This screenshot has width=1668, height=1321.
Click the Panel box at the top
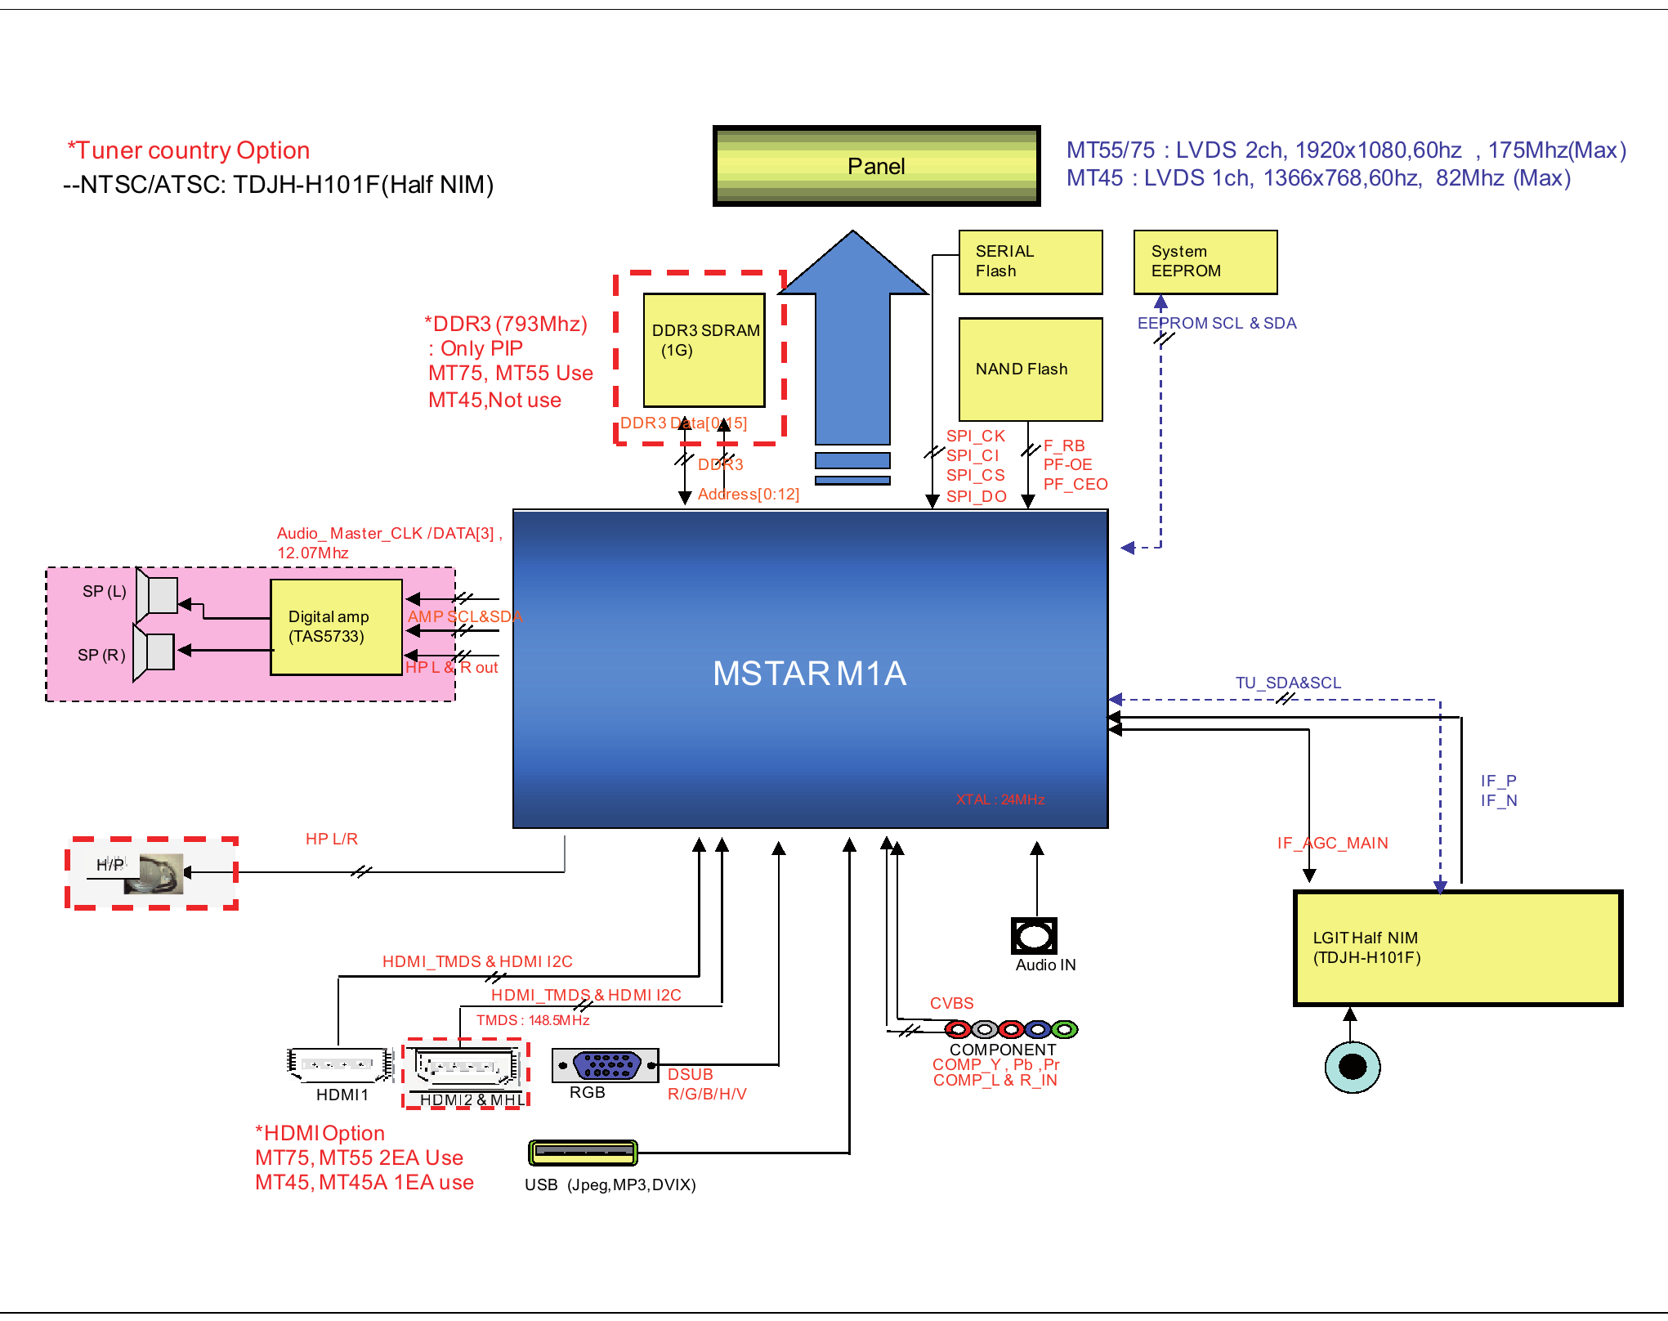coord(876,166)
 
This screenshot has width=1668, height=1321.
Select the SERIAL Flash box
coord(1030,262)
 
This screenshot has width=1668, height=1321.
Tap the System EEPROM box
coord(1205,262)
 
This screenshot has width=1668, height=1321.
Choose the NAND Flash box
coord(1030,369)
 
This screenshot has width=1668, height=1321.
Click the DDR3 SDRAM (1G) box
coord(704,350)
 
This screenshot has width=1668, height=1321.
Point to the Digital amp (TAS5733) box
coord(336,627)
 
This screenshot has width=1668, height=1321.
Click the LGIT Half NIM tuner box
coord(1457,948)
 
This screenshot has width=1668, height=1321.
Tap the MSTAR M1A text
coord(809,674)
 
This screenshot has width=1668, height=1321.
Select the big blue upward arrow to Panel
coord(852,343)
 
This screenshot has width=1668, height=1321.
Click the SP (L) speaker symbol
coord(158,594)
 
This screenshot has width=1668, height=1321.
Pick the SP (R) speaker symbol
coord(154,652)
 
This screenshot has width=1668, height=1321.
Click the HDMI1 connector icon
coord(339,1064)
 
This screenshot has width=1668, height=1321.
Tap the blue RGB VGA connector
coord(606,1065)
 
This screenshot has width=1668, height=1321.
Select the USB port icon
coord(582,1153)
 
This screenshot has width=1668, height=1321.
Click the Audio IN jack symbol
coord(1034,936)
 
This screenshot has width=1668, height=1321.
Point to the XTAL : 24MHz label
coord(1000,799)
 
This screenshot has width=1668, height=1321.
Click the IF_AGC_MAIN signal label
coord(1332,843)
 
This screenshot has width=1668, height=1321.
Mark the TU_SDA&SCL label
coord(1288,683)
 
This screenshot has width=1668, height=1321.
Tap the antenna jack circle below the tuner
coord(1352,1066)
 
